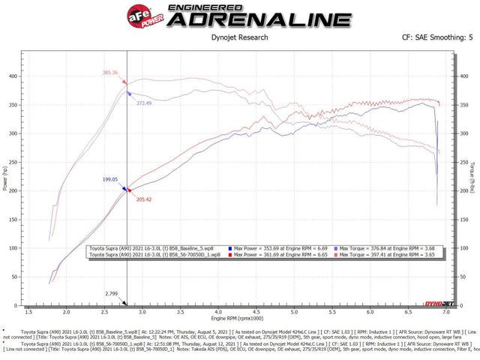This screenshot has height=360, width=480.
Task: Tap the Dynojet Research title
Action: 240,35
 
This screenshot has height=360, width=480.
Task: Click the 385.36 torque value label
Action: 110,73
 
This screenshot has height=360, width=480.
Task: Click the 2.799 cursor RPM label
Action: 111,294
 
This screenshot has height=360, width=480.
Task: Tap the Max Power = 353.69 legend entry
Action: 277,247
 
